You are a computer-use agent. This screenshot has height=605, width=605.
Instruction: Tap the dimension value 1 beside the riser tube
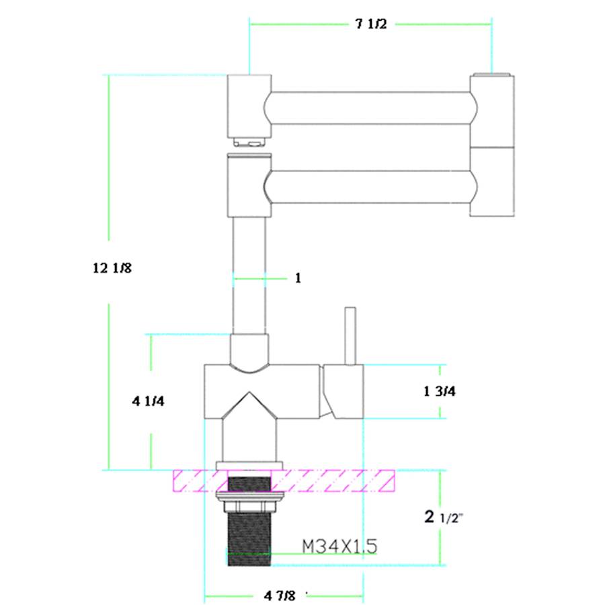[298, 278]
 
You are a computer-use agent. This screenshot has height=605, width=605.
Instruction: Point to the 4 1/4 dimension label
[149, 401]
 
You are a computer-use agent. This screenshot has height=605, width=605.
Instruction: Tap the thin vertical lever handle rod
[350, 336]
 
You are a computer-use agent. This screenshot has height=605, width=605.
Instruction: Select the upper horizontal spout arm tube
[370, 108]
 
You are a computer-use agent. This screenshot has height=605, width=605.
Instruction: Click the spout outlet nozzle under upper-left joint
[249, 141]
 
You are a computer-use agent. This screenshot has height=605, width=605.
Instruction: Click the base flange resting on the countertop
[249, 465]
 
